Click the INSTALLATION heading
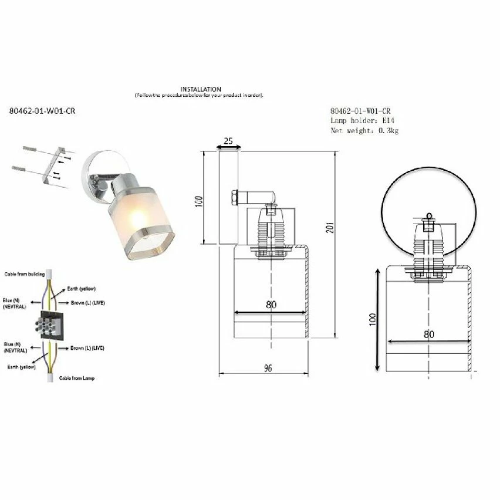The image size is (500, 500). [201, 89]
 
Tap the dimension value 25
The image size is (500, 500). [228, 141]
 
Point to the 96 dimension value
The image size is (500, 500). [268, 368]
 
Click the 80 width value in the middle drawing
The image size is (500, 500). [271, 305]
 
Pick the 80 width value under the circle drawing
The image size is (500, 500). [428, 335]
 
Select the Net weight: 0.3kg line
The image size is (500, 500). [364, 131]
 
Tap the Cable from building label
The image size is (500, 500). [21, 274]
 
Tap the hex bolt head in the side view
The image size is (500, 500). [233, 197]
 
